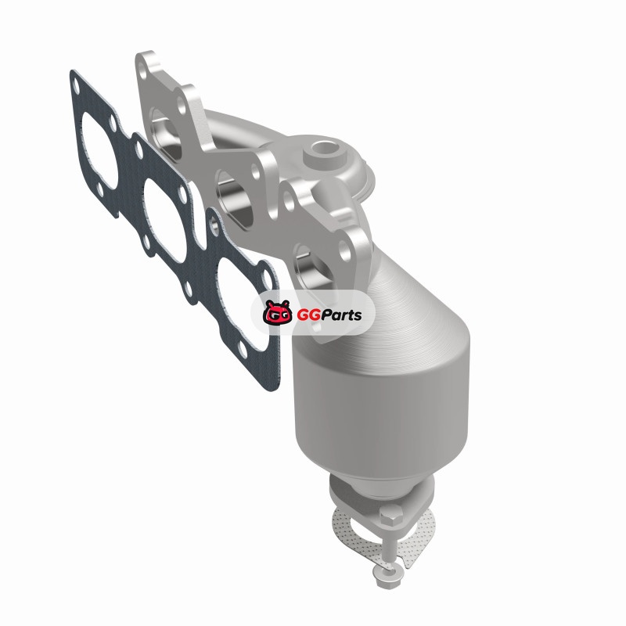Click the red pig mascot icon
[277, 312]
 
